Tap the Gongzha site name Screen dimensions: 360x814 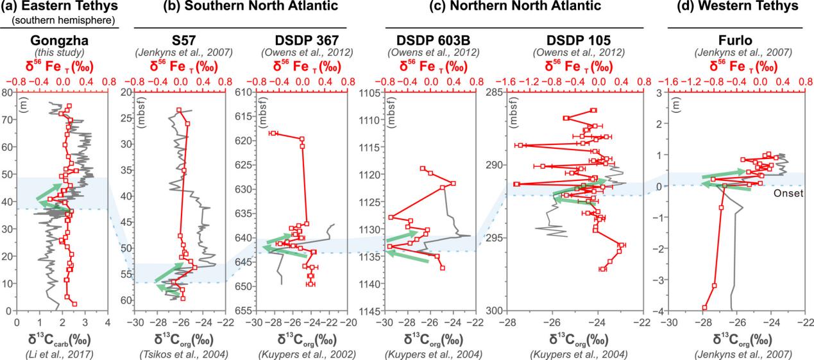pos(62,37)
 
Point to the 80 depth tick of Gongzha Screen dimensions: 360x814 pos(7,92)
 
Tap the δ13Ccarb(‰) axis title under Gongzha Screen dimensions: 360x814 pos(62,336)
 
